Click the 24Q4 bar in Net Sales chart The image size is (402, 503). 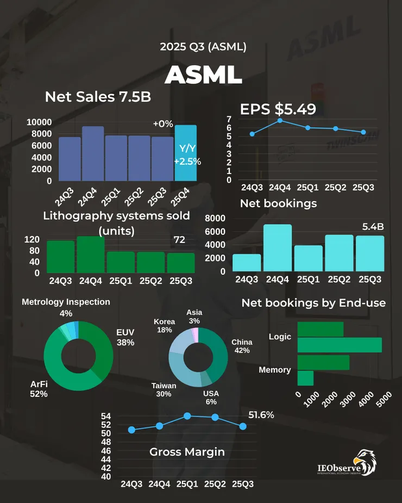click(x=93, y=153)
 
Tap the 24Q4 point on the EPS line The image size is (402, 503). click(x=280, y=120)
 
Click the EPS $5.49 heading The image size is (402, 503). click(x=278, y=109)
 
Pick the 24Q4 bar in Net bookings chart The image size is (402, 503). click(x=278, y=247)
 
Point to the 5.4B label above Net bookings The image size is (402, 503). click(x=373, y=226)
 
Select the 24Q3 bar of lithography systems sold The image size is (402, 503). click(x=60, y=256)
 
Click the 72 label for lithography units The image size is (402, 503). click(x=179, y=240)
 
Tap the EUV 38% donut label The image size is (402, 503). click(x=125, y=337)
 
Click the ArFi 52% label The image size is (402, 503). click(x=39, y=389)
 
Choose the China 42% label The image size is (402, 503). click(x=242, y=346)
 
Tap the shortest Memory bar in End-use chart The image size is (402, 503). click(x=305, y=378)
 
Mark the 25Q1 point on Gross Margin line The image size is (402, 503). click(x=187, y=415)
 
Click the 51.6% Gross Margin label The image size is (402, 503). click(x=261, y=415)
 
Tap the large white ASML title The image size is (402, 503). click(x=203, y=74)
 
